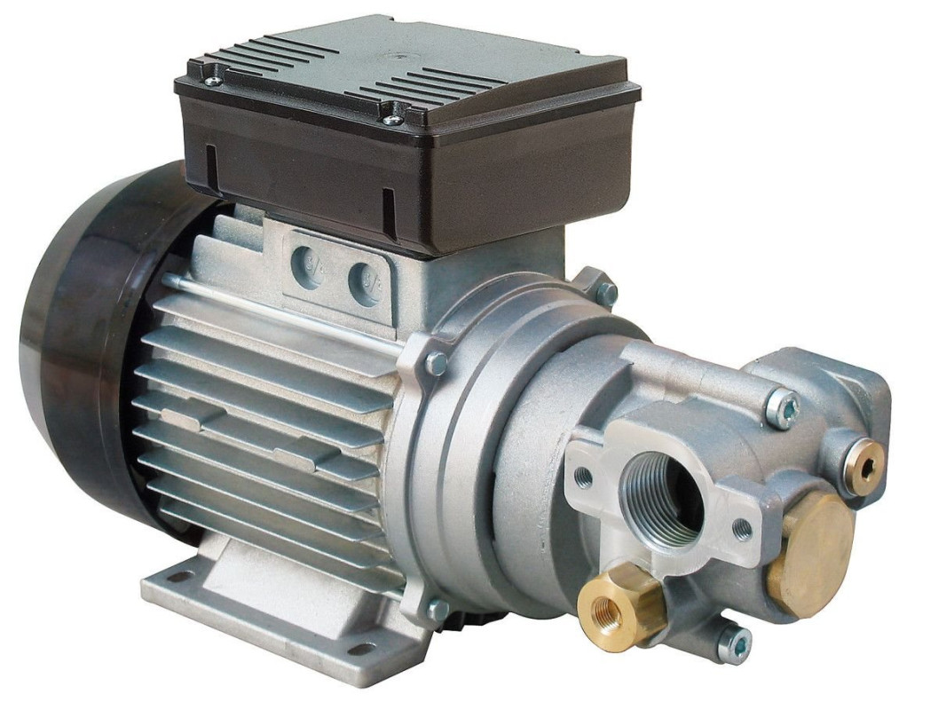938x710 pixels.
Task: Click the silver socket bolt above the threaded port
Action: point(782,408)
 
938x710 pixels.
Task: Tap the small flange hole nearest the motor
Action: point(583,477)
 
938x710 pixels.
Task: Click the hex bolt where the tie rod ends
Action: point(435,362)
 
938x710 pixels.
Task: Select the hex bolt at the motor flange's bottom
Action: point(436,610)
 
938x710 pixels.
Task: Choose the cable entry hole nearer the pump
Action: point(364,282)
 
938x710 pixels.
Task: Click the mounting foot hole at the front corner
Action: point(360,650)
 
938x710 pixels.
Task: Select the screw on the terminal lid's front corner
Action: point(391,118)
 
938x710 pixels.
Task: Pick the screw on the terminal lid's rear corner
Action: point(213,82)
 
